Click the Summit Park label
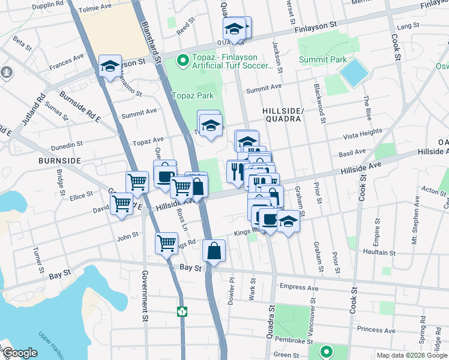pyautogui.click(x=330, y=59)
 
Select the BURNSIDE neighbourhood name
pyautogui.click(x=59, y=161)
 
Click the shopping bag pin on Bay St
pyautogui.click(x=214, y=251)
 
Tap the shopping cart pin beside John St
pyautogui.click(x=166, y=243)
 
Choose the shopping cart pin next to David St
pyautogui.click(x=122, y=204)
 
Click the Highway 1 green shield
pyautogui.click(x=181, y=311)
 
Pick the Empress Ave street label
pyautogui.click(x=298, y=287)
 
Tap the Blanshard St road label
pyautogui.click(x=151, y=41)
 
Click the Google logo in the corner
pyautogui.click(x=20, y=353)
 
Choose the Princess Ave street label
pyautogui.click(x=375, y=329)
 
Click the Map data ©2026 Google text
pyautogui.click(x=411, y=355)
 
